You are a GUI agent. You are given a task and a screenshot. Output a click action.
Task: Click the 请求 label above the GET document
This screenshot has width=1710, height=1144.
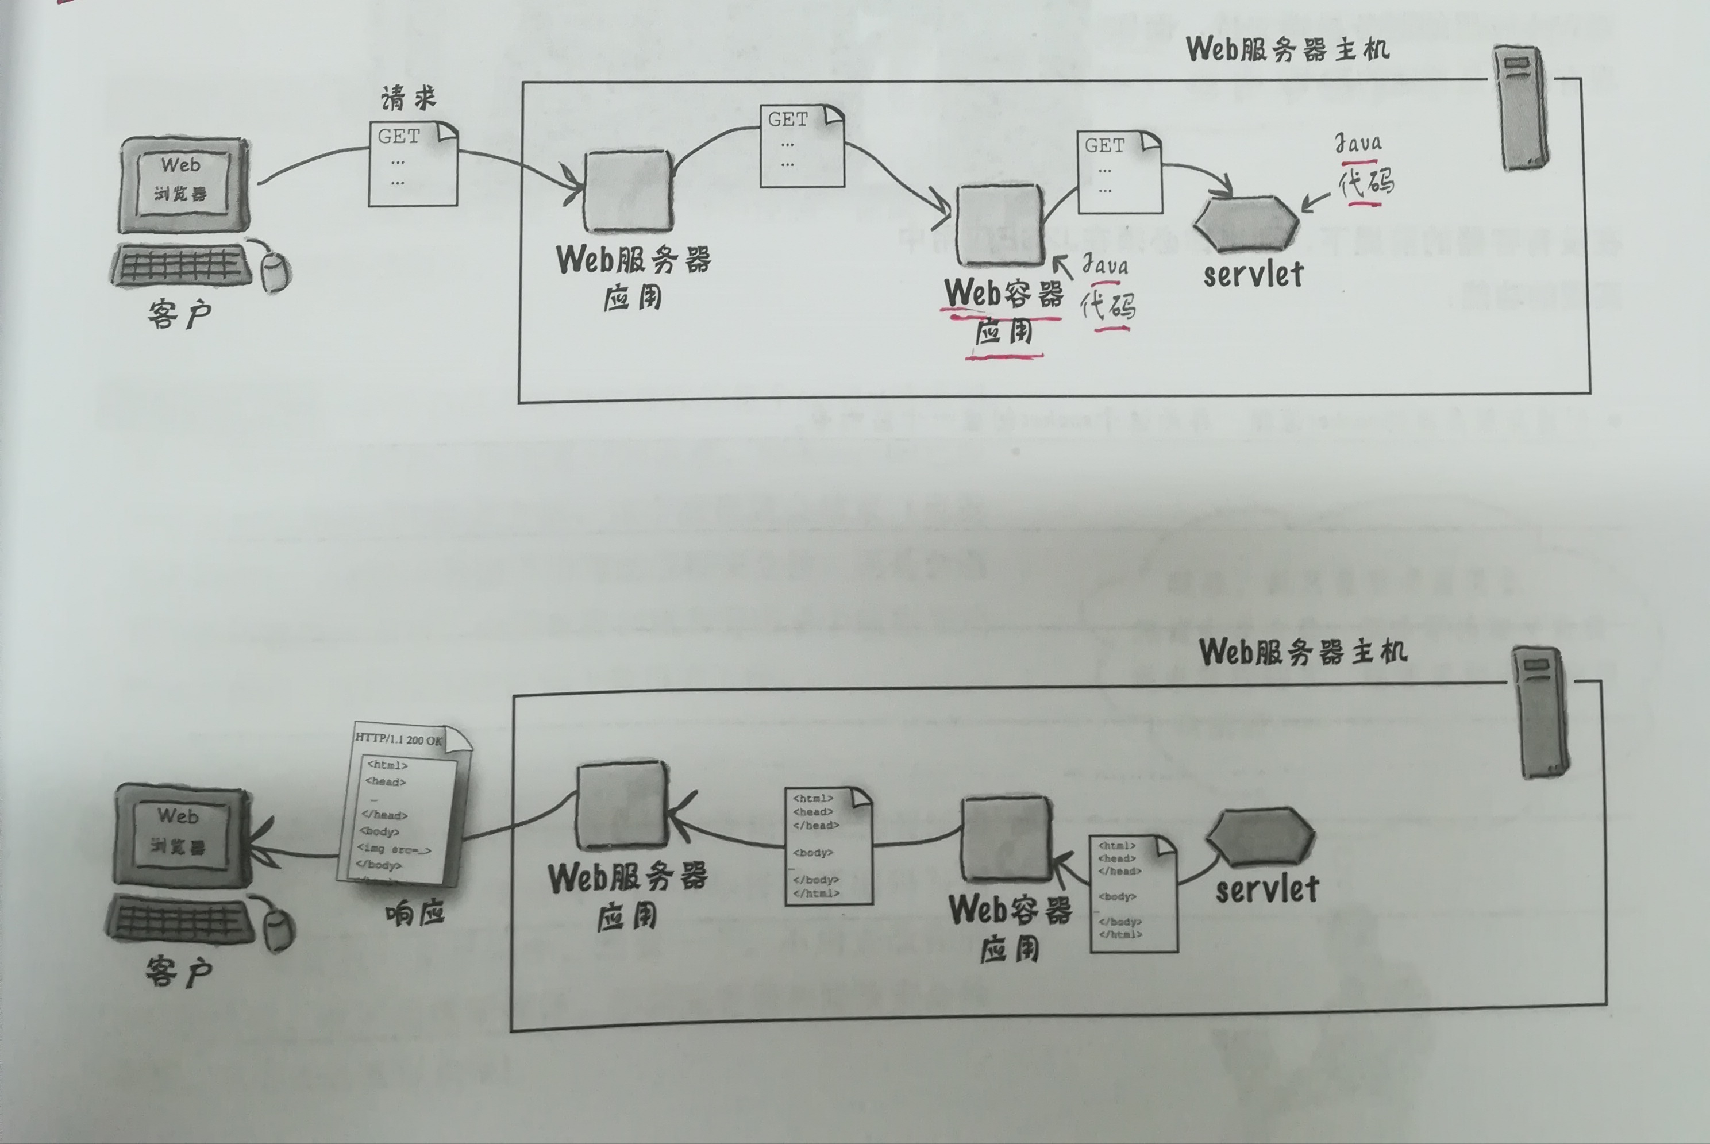[x=409, y=98]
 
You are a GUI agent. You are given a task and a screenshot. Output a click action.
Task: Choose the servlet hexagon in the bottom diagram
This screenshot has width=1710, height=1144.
[x=1261, y=836]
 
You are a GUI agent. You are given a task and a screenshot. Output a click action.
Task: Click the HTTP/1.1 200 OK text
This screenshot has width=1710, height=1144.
[x=399, y=739]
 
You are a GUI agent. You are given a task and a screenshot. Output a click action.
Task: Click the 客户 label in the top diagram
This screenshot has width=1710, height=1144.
[x=179, y=314]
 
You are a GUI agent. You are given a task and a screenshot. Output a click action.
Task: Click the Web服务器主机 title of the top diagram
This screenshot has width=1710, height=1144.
[x=1288, y=49]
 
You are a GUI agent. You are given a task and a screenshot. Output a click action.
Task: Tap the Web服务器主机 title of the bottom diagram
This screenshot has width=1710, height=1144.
[x=1303, y=652]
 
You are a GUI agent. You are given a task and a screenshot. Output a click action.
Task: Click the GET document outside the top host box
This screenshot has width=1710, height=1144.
[x=413, y=165]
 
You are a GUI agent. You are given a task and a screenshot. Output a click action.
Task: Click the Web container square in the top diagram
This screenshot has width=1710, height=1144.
[x=999, y=225]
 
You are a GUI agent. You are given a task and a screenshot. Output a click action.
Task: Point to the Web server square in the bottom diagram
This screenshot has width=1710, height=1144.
[x=623, y=805]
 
